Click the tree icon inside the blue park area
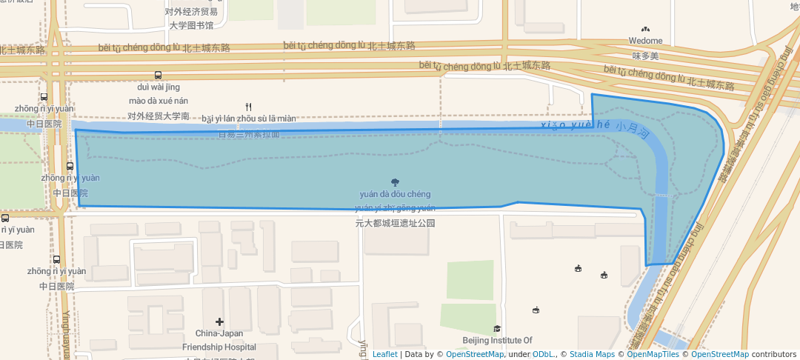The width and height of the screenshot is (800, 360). point(395,182)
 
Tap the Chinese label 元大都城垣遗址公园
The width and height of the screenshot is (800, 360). point(395,222)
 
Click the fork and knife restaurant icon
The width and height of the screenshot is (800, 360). point(248,107)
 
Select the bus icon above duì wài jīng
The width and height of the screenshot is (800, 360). point(158,76)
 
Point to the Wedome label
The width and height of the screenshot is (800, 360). point(645,41)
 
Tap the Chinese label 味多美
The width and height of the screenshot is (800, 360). point(645,56)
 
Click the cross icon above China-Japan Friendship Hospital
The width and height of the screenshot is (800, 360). point(219,321)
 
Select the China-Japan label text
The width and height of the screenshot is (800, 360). point(220,334)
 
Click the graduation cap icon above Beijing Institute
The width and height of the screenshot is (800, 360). point(497,329)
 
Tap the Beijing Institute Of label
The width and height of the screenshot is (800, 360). point(497,341)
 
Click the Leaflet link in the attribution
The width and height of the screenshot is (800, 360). point(384,354)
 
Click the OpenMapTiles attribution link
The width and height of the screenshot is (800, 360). point(650,354)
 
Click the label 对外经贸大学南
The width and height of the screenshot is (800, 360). point(159,116)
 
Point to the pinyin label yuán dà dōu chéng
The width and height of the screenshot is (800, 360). point(395,195)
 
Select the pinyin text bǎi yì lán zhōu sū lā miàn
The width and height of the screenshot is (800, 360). point(248,119)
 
